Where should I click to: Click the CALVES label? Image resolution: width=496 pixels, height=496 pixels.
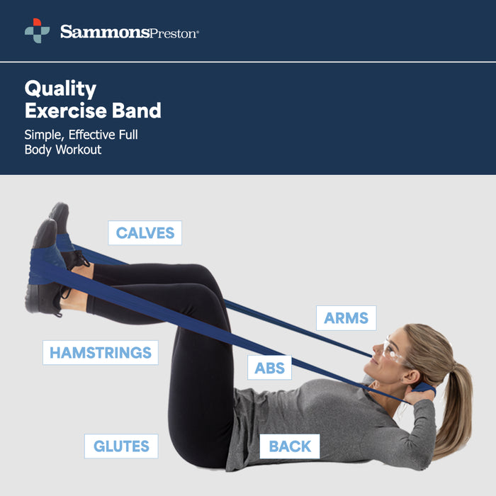(145, 233)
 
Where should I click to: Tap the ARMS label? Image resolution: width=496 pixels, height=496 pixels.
(346, 318)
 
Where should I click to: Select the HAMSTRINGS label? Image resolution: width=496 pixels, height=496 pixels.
(100, 352)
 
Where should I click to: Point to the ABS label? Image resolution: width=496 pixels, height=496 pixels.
(269, 368)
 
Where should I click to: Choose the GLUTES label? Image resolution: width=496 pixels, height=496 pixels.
(121, 446)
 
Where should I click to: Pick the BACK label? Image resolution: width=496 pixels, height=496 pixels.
(290, 446)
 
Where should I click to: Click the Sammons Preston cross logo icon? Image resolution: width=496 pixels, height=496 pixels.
(37, 31)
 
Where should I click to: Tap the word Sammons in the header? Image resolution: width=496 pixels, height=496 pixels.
(104, 31)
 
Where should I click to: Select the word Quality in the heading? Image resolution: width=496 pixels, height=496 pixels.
(60, 89)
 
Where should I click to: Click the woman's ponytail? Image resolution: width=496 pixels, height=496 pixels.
(453, 404)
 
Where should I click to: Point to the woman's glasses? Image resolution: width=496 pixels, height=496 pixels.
(393, 351)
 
